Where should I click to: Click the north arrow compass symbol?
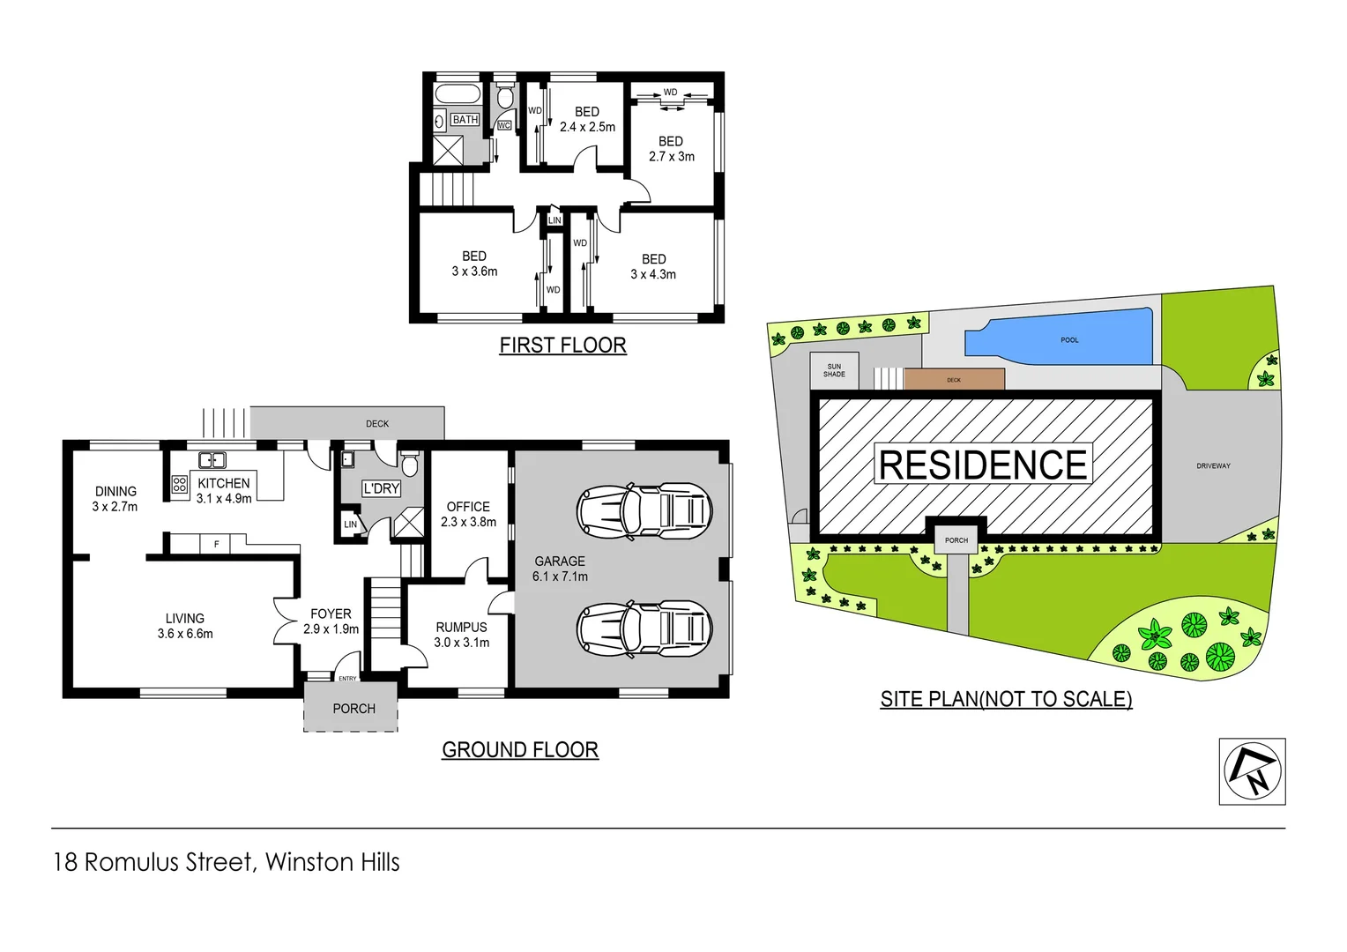[1252, 771]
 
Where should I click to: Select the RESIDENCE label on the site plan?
[983, 465]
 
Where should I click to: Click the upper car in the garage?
[644, 510]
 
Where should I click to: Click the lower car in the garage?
[644, 628]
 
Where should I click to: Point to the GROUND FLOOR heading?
[520, 750]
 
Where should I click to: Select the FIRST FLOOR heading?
[562, 346]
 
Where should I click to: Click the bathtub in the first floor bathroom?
[458, 94]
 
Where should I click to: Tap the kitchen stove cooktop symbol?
[180, 484]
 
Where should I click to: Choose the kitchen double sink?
[212, 459]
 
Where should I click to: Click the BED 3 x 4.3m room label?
[653, 266]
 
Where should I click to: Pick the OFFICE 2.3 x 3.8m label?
[468, 514]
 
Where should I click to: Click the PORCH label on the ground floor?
[353, 709]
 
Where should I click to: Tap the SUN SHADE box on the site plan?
[834, 370]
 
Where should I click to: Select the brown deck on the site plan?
[954, 379]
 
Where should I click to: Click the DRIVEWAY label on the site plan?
[1213, 465]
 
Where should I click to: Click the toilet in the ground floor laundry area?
[409, 464]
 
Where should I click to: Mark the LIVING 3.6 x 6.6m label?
[185, 626]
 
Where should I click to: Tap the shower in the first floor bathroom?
[448, 149]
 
